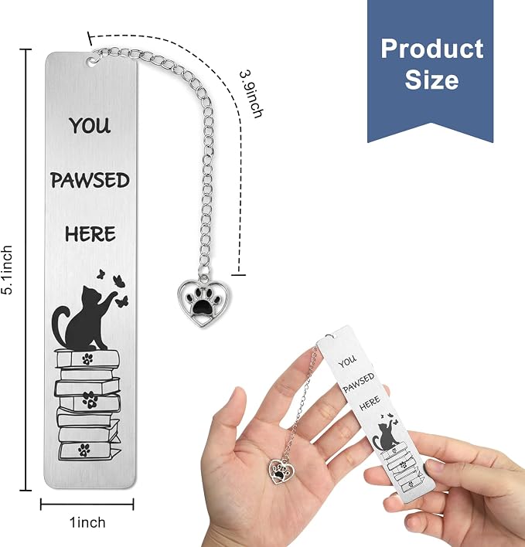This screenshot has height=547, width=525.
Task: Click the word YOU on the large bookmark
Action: click(x=90, y=125)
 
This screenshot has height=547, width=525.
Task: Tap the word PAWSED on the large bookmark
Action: click(x=90, y=180)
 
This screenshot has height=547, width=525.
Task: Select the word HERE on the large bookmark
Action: click(x=90, y=234)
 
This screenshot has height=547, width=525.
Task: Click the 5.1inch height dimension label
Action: click(x=8, y=270)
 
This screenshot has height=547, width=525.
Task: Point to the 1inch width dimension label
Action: click(x=87, y=522)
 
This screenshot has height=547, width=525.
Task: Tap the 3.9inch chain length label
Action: click(x=251, y=94)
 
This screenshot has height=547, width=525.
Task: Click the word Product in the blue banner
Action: click(x=431, y=49)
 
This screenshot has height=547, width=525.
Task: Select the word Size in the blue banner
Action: click(x=431, y=80)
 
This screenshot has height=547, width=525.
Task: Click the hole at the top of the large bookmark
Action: click(x=92, y=61)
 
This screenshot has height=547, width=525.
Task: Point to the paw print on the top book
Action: click(x=87, y=358)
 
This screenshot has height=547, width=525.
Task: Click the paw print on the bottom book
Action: click(x=84, y=450)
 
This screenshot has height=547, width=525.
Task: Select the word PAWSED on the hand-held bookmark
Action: click(x=359, y=382)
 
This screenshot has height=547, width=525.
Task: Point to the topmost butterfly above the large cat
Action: click(x=101, y=273)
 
